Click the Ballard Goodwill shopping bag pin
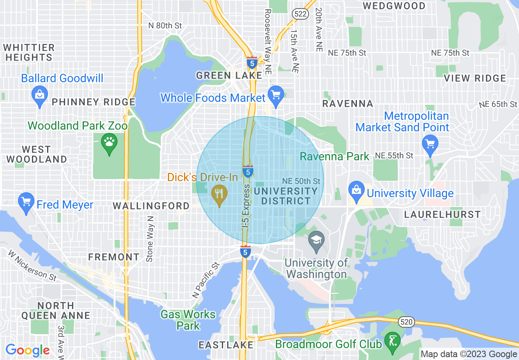point(39,95)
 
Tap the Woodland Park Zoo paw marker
point(109,142)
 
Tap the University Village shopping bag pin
point(357,190)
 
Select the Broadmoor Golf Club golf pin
point(393,340)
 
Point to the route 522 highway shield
point(300,14)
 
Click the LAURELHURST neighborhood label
point(442,214)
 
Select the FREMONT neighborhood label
point(114,257)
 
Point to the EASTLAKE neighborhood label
point(226,345)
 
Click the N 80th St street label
point(165,25)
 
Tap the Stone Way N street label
point(150,239)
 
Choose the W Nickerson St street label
point(32,265)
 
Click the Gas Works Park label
point(188,320)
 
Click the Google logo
point(27,350)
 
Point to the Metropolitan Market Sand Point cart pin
point(430,144)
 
